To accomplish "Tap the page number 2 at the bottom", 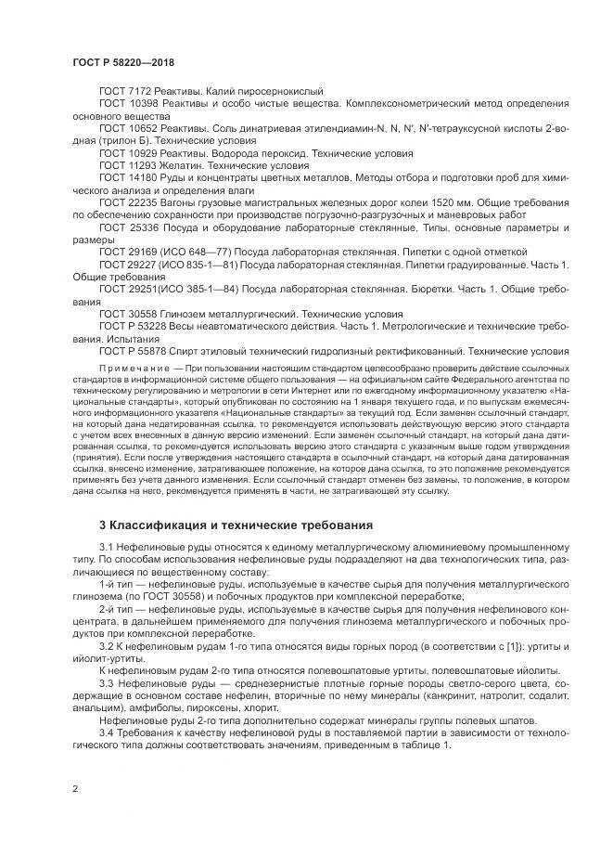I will [74, 789].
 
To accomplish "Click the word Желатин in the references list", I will [182, 163].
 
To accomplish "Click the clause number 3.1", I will [106, 548].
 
